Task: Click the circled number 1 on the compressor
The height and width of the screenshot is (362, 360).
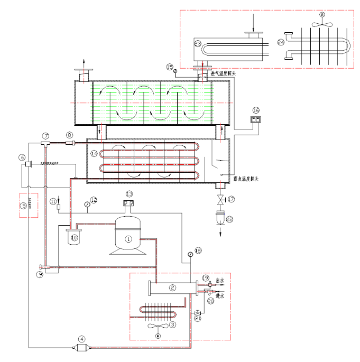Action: pos(128,239)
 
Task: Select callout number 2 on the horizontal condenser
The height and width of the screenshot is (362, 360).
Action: pos(172,288)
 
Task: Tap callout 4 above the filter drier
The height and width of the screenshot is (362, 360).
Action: pos(82,339)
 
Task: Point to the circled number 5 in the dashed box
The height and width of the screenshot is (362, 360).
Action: pos(23,206)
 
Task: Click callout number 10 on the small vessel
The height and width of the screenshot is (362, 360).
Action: pos(75,238)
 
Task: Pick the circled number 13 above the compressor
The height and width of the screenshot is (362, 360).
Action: pos(130,193)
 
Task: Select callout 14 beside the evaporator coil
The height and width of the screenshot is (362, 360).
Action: pos(94,154)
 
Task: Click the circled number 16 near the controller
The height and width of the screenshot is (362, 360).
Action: pos(256,110)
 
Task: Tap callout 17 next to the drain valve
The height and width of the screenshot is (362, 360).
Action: pos(231,199)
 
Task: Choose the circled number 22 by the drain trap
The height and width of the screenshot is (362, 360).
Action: pos(229,219)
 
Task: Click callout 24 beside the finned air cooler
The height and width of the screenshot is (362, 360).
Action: pos(281,41)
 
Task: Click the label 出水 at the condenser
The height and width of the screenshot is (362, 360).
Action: pos(220,280)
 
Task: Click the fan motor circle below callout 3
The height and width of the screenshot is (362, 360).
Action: pos(157,335)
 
